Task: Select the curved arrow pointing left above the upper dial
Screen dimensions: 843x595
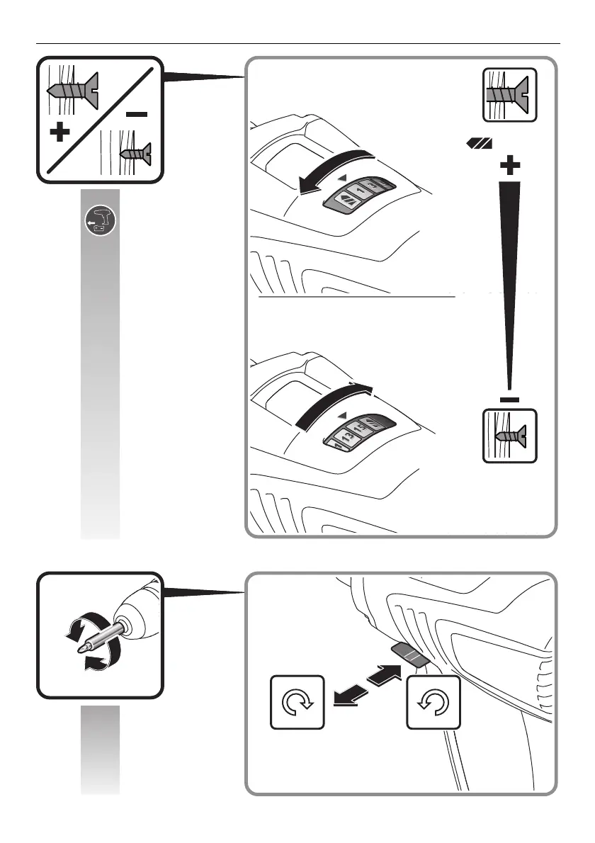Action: tap(333, 170)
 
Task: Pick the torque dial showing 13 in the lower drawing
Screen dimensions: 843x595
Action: tap(358, 431)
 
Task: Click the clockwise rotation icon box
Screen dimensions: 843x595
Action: tap(297, 702)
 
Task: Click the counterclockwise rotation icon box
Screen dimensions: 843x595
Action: tap(433, 702)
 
